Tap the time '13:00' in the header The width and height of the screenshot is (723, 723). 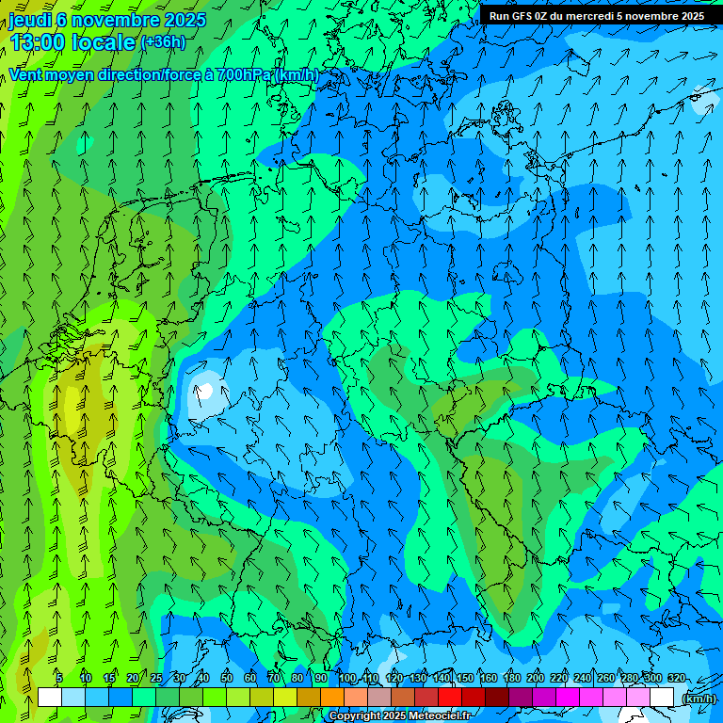[39, 41]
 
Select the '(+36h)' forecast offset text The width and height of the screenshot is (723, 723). [163, 41]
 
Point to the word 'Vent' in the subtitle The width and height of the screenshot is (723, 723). [27, 74]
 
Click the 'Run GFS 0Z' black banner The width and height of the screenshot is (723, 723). [596, 15]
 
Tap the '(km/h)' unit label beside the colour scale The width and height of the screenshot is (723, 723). [697, 698]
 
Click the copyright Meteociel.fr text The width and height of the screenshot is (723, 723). [400, 716]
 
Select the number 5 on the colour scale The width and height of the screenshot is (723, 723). [59, 678]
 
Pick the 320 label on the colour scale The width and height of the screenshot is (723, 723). [676, 678]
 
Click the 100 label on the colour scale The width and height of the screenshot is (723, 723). [347, 678]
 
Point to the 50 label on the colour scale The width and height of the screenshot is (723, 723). [227, 678]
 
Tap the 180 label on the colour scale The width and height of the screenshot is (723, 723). [511, 678]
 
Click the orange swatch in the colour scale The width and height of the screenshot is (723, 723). [331, 697]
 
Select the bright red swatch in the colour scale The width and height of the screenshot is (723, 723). [449, 697]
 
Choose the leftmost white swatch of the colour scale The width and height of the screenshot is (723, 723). [50, 697]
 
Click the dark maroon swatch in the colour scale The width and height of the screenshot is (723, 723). [496, 697]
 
